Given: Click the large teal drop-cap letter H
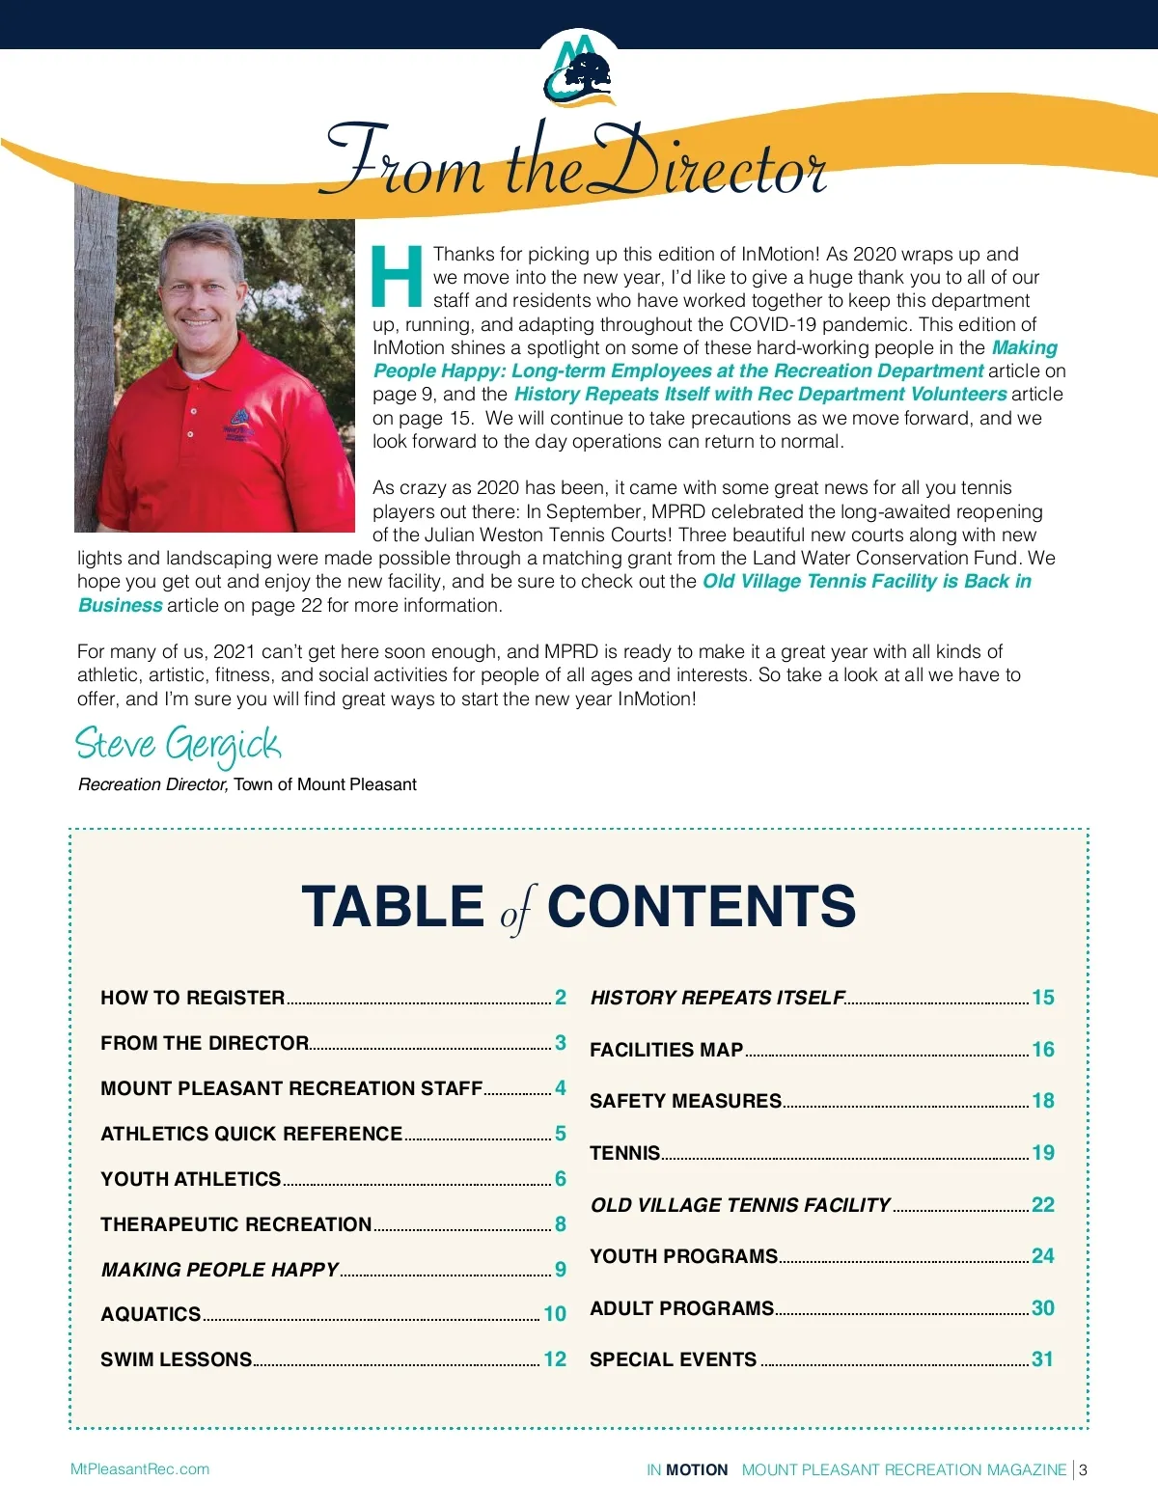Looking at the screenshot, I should pyautogui.click(x=397, y=276).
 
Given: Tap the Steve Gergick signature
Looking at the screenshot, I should pyautogui.click(x=179, y=744).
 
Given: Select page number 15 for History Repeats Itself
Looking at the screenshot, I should pyautogui.click(x=1042, y=998).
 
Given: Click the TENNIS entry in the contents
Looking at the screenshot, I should pyautogui.click(x=624, y=1153).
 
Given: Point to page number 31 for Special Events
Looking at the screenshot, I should pyautogui.click(x=1042, y=1359).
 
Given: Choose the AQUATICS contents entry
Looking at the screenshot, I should pyautogui.click(x=151, y=1314).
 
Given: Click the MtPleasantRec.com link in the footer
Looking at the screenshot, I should pyautogui.click(x=140, y=1469).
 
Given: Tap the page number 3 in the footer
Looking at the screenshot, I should pyautogui.click(x=1083, y=1470).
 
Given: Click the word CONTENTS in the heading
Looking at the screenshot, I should pyautogui.click(x=701, y=906).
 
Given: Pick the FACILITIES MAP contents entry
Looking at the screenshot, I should pyautogui.click(x=666, y=1050).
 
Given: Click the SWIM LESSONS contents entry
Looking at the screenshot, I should pyautogui.click(x=176, y=1359).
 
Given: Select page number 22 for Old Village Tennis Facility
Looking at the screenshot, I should pyautogui.click(x=1042, y=1205).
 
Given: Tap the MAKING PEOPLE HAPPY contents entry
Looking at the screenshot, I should pyautogui.click(x=220, y=1270).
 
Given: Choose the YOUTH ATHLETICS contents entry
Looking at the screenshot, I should pyautogui.click(x=190, y=1179).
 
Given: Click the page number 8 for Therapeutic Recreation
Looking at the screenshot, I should pyautogui.click(x=560, y=1224).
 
